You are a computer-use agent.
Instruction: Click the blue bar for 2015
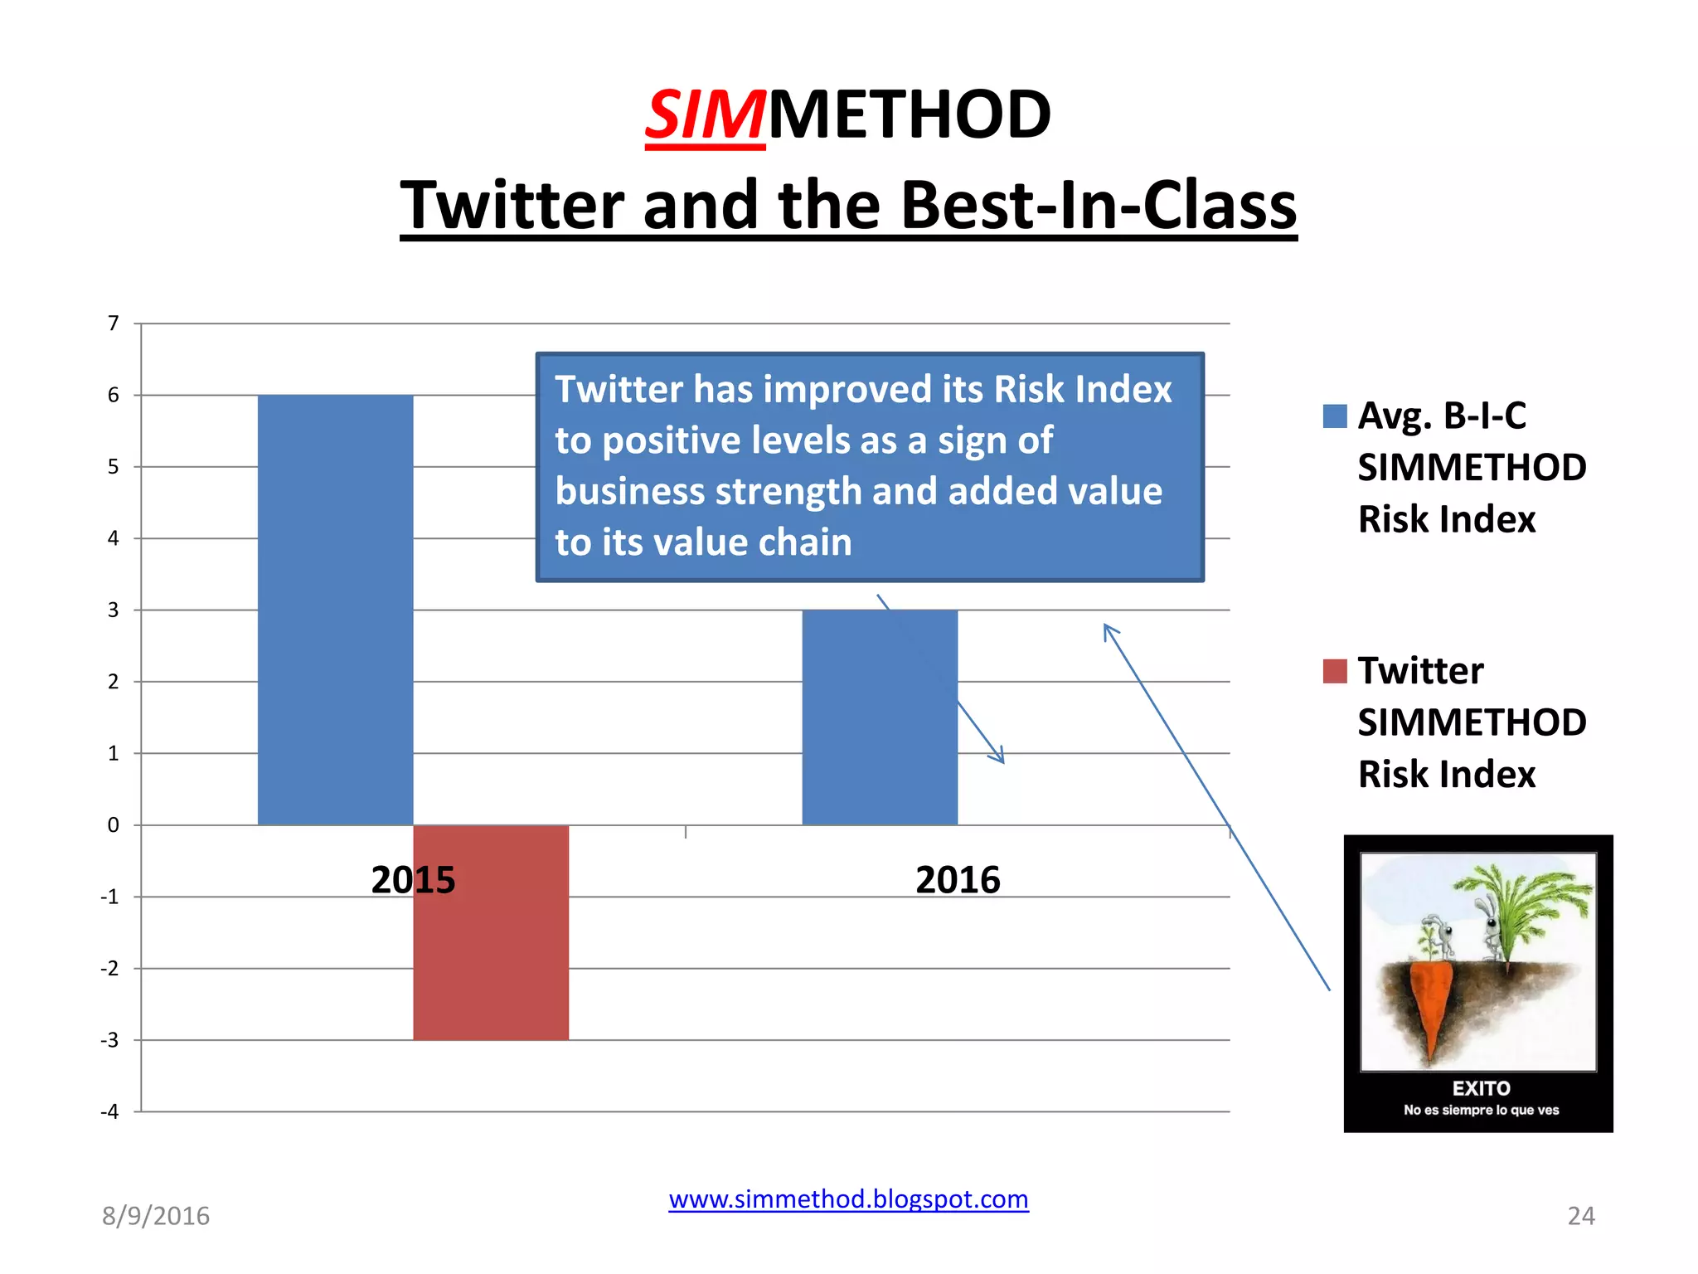pyautogui.click(x=335, y=610)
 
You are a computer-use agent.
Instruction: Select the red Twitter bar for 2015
pyautogui.click(x=491, y=932)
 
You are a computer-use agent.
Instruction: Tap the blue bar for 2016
pyautogui.click(x=880, y=717)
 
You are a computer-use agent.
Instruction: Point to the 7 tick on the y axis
pyautogui.click(x=114, y=323)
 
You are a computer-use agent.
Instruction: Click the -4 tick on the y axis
pyautogui.click(x=109, y=1111)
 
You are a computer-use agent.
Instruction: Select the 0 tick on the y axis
pyautogui.click(x=114, y=825)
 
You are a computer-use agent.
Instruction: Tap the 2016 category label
pyautogui.click(x=958, y=880)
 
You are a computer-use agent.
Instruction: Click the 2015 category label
pyautogui.click(x=413, y=880)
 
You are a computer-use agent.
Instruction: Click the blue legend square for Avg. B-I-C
pyautogui.click(x=1335, y=416)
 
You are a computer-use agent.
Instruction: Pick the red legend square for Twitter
pyautogui.click(x=1335, y=671)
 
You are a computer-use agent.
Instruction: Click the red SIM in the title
pyautogui.click(x=705, y=115)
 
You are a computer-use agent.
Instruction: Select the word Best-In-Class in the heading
pyautogui.click(x=1098, y=206)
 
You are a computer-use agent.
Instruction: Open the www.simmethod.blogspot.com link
pyautogui.click(x=848, y=1199)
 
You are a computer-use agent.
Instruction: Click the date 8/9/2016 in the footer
pyautogui.click(x=156, y=1216)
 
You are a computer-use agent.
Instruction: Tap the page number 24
pyautogui.click(x=1580, y=1216)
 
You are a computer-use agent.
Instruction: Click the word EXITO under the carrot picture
pyautogui.click(x=1481, y=1088)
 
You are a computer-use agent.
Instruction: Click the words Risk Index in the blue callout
pyautogui.click(x=1083, y=390)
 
